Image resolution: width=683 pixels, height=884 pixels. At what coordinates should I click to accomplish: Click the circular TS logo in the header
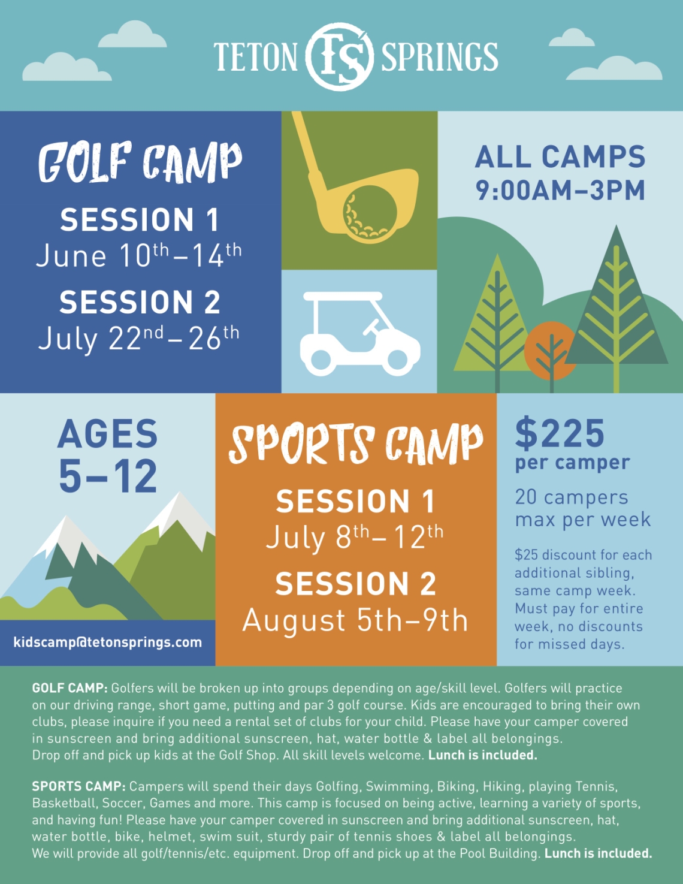click(340, 56)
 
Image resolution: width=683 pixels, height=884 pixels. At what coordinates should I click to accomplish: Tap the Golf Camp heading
click(140, 162)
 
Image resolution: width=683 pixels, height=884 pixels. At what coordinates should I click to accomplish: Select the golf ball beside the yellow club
click(370, 214)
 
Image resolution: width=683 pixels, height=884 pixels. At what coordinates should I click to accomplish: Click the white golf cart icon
click(360, 334)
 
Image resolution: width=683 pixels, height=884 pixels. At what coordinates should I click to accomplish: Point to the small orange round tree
click(550, 351)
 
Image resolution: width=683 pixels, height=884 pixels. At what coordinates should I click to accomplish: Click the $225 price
click(560, 433)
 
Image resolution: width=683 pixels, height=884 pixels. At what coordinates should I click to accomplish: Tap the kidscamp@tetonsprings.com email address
click(108, 642)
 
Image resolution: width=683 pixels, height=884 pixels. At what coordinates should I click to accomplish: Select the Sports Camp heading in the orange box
click(356, 444)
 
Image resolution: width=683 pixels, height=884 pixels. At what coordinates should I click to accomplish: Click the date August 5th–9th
click(355, 620)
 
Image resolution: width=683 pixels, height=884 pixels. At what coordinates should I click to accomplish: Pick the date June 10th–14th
click(139, 255)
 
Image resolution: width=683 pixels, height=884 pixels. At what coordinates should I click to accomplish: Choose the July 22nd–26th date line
click(139, 337)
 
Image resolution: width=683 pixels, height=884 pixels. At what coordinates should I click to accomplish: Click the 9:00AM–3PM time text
click(560, 190)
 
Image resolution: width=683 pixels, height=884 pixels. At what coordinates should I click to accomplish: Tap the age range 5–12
click(108, 475)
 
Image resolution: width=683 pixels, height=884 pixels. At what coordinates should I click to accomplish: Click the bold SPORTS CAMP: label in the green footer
click(79, 786)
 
